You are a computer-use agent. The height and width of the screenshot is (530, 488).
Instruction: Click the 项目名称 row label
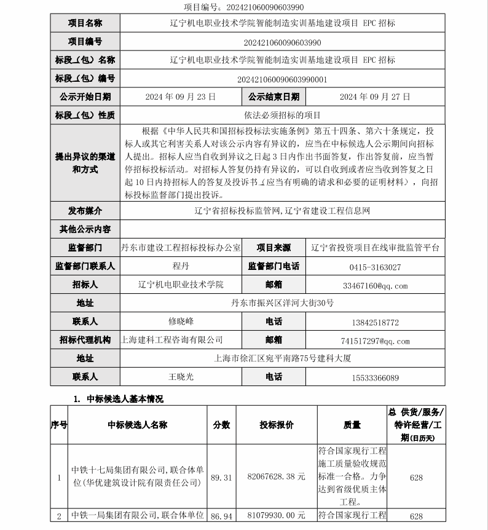coord(85,23)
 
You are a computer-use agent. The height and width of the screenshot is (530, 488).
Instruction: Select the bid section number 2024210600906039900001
coord(282,79)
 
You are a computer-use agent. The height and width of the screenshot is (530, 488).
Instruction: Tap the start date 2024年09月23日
coord(181,97)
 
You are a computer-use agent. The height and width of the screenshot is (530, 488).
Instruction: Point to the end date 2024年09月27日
coord(374,97)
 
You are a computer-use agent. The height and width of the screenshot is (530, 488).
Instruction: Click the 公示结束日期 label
coord(274,97)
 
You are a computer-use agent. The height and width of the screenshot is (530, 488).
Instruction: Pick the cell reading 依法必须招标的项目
coord(282,115)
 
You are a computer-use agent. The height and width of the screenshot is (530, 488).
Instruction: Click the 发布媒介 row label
coord(85,211)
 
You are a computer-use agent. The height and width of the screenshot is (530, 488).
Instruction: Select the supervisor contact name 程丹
coord(181,267)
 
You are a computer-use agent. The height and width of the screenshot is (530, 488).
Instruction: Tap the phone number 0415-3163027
coord(374,267)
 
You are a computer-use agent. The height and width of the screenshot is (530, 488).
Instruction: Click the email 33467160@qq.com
coord(374,286)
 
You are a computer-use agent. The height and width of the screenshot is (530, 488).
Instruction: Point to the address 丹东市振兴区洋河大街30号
coord(282,303)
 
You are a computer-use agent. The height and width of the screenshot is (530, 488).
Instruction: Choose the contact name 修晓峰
coord(181,322)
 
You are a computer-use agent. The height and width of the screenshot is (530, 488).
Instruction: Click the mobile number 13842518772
coord(374,322)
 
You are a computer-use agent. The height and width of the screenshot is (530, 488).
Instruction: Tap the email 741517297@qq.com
coord(374,341)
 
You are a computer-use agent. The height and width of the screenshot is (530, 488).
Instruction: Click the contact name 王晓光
coord(181,377)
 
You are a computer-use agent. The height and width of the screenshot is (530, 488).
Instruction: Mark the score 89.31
coord(221,477)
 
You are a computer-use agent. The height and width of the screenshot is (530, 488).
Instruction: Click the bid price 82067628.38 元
coord(276,477)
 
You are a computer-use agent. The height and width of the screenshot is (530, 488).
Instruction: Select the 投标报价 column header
coord(276,425)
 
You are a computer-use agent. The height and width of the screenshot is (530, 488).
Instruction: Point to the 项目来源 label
coord(274,248)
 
